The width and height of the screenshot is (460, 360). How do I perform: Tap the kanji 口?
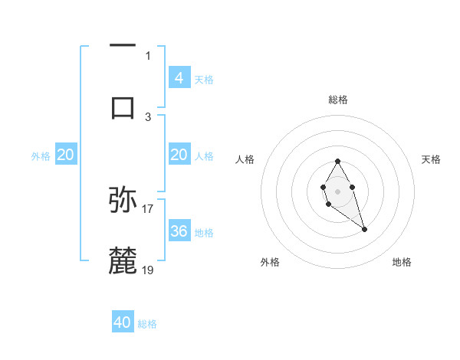pos(123,107)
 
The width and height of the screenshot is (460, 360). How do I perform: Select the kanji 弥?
pos(123,200)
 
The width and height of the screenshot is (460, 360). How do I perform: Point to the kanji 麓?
pos(123,260)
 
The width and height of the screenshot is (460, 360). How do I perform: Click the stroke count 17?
pos(148,208)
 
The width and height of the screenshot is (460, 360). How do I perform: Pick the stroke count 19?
pos(148,270)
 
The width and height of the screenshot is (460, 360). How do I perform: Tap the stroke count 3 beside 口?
pos(148,116)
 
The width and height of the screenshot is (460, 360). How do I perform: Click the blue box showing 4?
pos(179,77)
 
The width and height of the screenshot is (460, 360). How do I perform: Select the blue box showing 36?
pos(179,231)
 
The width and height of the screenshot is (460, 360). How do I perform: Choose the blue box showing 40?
pos(123,322)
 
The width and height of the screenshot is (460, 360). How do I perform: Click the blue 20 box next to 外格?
pos(66,155)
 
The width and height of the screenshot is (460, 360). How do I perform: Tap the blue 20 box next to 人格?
pos(179,155)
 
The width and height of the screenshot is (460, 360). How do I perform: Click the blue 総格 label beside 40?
pos(147,324)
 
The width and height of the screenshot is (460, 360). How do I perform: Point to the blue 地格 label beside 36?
pos(204,233)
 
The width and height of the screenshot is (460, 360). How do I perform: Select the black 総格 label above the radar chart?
pos(338,100)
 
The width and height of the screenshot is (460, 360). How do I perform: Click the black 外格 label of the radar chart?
pos(270,262)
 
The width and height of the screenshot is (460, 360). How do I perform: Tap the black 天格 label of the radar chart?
pos(431,159)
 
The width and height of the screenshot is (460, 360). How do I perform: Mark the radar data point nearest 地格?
pos(364,229)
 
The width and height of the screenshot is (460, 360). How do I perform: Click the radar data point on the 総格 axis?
pos(337,161)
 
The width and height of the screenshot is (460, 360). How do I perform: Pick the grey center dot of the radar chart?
pos(337,190)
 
